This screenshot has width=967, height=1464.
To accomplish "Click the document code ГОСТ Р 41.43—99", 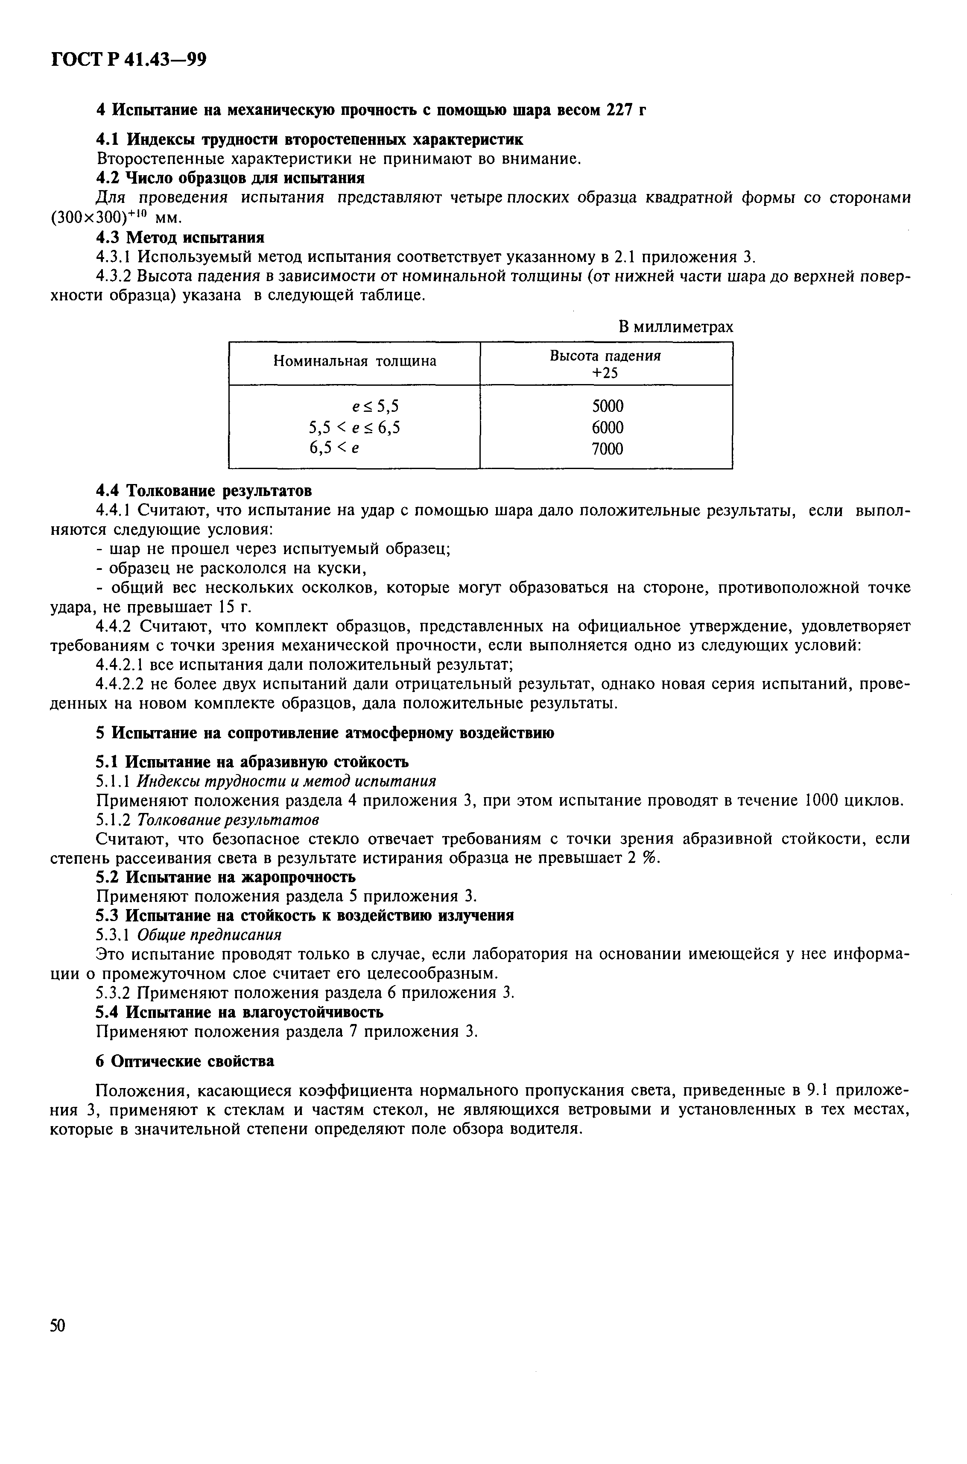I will point(128,60).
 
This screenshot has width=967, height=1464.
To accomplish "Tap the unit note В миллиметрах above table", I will point(676,327).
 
